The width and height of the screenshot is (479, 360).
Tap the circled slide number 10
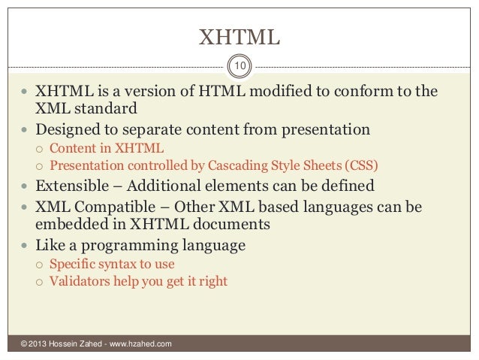pyautogui.click(x=239, y=68)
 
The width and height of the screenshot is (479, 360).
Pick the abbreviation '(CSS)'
pyautogui.click(x=362, y=165)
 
